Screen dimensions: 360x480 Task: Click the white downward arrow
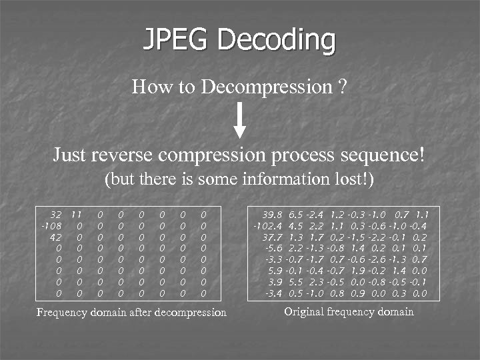click(x=241, y=121)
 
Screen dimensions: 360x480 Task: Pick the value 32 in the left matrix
click(x=56, y=215)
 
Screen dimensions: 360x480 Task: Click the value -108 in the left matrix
click(x=51, y=226)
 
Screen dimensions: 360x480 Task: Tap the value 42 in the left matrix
click(x=56, y=237)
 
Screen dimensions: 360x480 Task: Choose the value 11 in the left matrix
click(x=76, y=215)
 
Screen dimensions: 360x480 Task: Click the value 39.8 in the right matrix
click(x=273, y=215)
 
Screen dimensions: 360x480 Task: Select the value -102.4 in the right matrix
click(x=268, y=226)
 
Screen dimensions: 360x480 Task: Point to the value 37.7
click(x=273, y=237)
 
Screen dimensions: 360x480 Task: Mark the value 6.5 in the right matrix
click(x=295, y=215)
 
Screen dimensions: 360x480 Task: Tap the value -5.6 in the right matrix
click(x=274, y=248)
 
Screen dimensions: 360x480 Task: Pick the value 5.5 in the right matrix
click(x=296, y=281)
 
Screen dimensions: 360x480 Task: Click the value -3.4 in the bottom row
click(x=274, y=292)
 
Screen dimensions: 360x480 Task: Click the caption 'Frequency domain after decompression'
click(x=131, y=312)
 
